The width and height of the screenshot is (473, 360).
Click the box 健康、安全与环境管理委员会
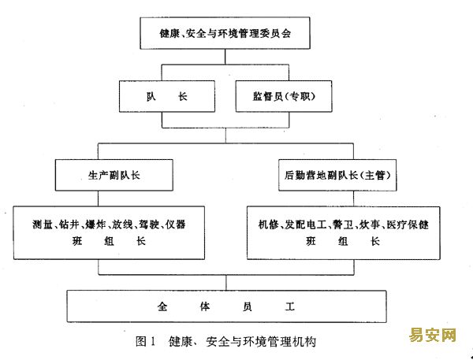click(x=225, y=33)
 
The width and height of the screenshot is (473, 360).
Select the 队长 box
click(x=167, y=96)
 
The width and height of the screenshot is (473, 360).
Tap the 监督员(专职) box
click(x=284, y=96)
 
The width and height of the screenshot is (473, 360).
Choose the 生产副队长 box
click(x=114, y=175)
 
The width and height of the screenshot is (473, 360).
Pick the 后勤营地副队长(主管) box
click(x=337, y=175)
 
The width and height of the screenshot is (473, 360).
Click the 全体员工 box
click(x=226, y=306)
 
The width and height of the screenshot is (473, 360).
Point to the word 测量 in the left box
click(x=43, y=225)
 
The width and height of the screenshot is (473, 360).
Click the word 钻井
click(x=69, y=225)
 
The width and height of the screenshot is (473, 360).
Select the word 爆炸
click(x=95, y=225)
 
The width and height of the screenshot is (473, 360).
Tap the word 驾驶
click(x=149, y=225)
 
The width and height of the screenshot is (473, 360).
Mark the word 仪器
click(x=175, y=225)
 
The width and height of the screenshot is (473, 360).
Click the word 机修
click(x=268, y=225)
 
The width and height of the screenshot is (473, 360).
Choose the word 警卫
click(x=342, y=225)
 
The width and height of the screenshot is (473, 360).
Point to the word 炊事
click(x=369, y=225)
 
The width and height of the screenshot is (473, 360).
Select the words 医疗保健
click(x=408, y=225)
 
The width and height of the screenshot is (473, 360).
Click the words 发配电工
click(x=306, y=225)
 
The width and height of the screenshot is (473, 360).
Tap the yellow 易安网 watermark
click(x=432, y=335)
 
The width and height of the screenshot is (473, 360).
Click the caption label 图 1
click(x=145, y=342)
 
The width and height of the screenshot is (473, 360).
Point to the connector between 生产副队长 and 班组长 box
click(x=98, y=199)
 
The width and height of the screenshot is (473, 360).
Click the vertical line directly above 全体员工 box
click(x=226, y=283)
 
